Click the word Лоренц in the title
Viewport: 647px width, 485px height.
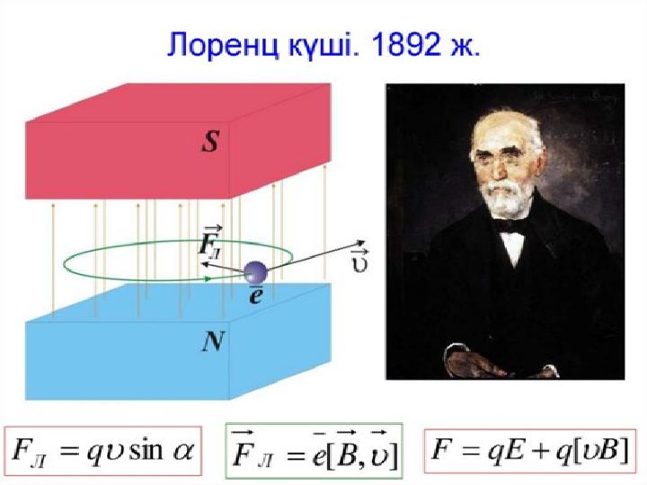click(x=223, y=45)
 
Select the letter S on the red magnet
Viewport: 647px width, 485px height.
click(x=210, y=142)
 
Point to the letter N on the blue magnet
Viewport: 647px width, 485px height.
click(x=213, y=341)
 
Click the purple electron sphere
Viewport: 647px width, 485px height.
click(x=255, y=272)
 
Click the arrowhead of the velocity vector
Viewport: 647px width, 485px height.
click(x=359, y=242)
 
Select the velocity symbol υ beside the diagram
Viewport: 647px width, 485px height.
click(x=360, y=261)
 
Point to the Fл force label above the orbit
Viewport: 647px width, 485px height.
click(x=211, y=242)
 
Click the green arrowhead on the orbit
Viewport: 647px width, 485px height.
click(x=208, y=278)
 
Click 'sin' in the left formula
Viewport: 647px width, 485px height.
click(x=146, y=450)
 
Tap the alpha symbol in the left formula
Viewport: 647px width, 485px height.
click(x=182, y=452)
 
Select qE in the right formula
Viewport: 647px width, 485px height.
click(x=506, y=450)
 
